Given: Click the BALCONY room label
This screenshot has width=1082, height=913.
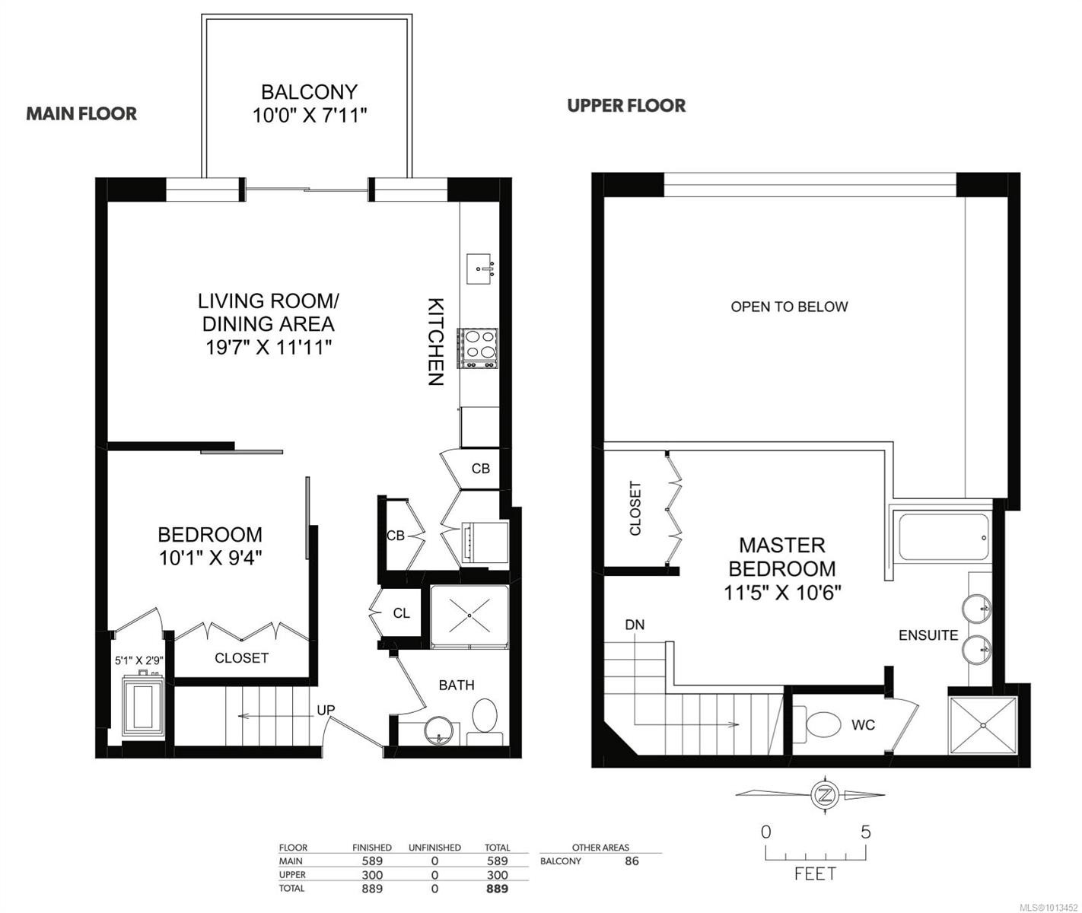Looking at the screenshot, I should (x=309, y=92).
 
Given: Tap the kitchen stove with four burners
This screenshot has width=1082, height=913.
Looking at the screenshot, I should (x=478, y=348).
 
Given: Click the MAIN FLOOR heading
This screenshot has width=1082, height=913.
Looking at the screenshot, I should (x=81, y=114).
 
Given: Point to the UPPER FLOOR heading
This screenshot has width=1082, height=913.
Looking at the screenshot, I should (x=626, y=106).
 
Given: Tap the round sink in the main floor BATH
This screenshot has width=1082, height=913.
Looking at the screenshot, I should (x=439, y=731).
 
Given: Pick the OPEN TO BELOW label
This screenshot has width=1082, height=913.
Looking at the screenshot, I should (x=789, y=307).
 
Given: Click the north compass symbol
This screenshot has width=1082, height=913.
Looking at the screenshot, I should (x=823, y=795).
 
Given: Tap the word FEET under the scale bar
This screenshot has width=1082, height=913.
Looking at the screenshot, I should (x=815, y=874).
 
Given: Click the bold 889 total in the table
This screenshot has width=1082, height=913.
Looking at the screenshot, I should (x=497, y=889).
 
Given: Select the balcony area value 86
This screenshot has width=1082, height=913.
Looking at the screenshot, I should (x=631, y=861).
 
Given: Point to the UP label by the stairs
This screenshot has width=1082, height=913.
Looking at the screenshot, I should (x=326, y=710).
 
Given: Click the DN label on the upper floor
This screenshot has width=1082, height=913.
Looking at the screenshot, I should (x=635, y=625).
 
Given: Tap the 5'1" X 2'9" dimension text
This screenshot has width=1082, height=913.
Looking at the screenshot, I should (x=139, y=660).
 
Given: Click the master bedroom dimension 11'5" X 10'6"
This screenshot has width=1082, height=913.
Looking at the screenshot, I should (x=782, y=592).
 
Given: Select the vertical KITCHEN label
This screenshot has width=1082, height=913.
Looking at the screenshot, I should (x=435, y=342).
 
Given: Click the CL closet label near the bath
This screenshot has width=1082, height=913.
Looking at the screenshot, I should (x=402, y=613).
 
